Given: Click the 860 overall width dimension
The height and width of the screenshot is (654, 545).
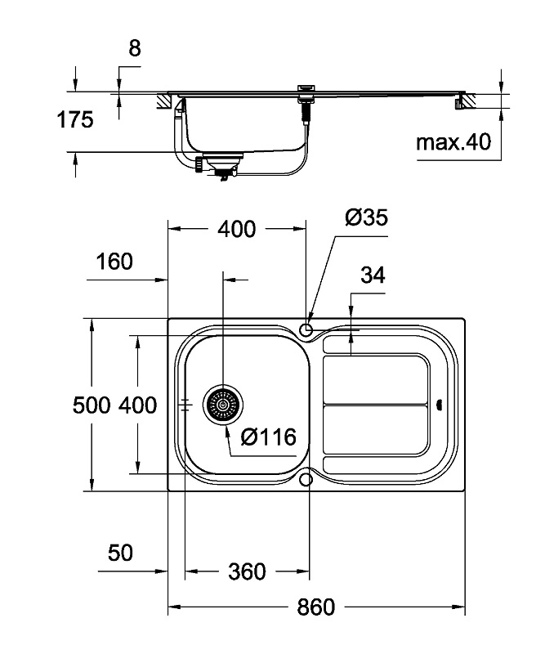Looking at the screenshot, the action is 315,607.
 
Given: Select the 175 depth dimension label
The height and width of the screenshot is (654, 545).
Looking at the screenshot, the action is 75,119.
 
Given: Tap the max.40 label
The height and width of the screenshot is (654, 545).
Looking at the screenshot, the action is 453,142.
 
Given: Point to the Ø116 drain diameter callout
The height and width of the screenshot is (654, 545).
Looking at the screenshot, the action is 269,437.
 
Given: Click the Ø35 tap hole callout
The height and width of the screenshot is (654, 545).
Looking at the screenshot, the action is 367,217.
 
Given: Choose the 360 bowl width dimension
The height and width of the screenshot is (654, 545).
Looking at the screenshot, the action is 247,571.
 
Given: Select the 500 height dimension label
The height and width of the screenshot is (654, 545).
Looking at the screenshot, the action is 92,405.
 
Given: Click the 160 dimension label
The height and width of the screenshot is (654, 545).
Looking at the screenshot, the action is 114,262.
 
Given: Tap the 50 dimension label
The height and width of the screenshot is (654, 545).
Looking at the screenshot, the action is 120,553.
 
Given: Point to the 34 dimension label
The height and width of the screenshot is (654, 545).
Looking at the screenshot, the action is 373,275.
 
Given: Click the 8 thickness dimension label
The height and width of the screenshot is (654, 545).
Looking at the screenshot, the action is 135,48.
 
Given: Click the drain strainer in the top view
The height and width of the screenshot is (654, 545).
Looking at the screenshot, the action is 223,404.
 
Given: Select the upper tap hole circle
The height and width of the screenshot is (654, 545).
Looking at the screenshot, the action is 306,329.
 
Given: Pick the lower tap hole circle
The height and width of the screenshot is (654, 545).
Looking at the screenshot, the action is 306,480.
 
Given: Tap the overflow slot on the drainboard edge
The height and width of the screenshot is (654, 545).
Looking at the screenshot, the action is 439,404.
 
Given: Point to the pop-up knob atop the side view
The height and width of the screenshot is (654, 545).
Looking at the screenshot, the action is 306,88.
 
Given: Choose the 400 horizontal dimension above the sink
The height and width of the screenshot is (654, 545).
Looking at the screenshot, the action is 237,229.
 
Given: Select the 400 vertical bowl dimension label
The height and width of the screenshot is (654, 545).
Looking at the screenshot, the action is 137,405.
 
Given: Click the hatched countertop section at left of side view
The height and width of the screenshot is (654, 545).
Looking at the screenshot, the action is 164,101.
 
